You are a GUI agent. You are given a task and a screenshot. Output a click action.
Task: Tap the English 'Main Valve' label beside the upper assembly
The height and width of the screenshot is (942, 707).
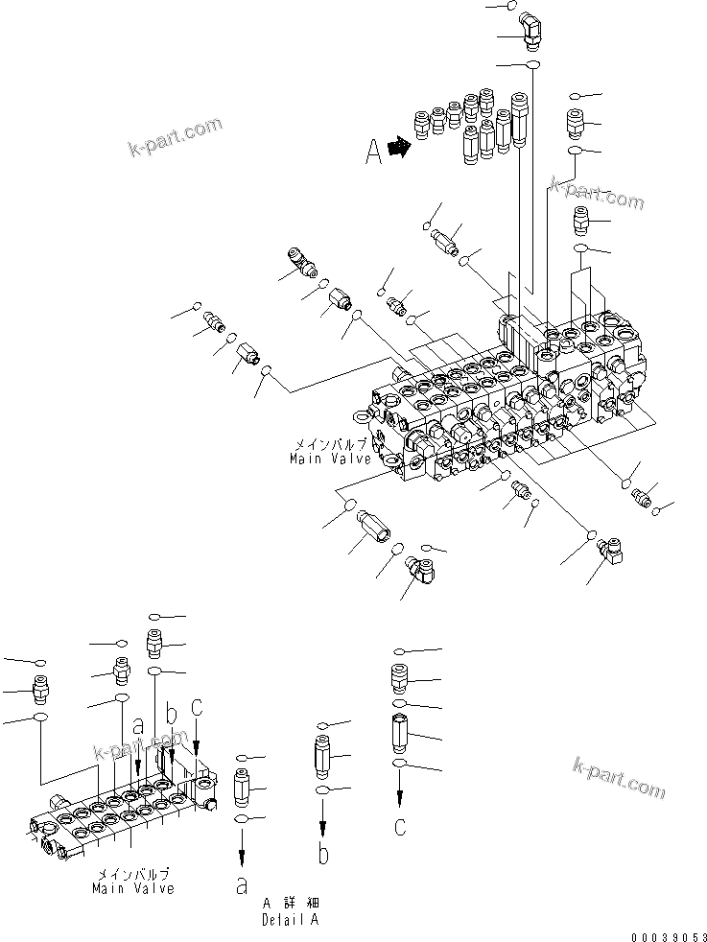(x=331, y=459)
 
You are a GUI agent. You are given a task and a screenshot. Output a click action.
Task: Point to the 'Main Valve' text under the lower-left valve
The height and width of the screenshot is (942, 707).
(x=133, y=889)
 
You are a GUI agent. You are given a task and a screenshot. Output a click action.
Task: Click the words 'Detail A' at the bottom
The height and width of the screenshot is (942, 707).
(x=290, y=919)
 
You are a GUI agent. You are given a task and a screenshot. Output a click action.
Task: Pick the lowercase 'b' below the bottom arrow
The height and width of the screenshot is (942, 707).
(x=324, y=854)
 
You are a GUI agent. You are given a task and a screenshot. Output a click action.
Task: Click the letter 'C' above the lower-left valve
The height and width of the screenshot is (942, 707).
(x=197, y=707)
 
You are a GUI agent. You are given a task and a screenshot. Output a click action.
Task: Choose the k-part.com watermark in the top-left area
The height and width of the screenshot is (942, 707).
(x=175, y=136)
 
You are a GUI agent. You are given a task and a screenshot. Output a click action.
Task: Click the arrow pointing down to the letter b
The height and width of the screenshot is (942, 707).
(x=324, y=817)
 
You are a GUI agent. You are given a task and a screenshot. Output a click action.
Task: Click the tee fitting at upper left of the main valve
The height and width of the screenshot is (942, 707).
(x=300, y=261)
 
